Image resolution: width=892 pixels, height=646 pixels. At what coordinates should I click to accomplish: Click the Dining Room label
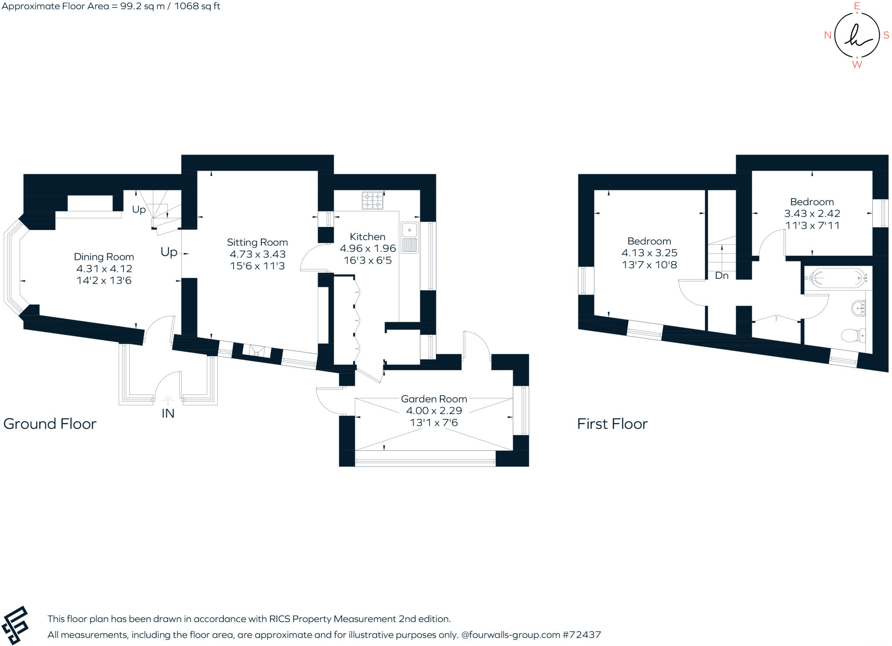104,257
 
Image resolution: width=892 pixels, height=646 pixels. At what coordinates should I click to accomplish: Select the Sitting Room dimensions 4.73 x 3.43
257,254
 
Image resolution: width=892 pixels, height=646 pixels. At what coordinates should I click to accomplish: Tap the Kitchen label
367,237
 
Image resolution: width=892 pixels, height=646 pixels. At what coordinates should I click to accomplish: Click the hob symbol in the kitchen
372,200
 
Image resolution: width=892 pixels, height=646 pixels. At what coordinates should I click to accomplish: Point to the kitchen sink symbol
409,238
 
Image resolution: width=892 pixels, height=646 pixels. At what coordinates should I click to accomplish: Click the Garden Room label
434,399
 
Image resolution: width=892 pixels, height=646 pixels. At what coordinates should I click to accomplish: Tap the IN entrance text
168,413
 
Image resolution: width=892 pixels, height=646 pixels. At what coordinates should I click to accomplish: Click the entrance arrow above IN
168,399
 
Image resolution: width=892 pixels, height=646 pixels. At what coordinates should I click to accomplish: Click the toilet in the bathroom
853,335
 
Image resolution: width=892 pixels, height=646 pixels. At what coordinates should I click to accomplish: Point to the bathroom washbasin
858,308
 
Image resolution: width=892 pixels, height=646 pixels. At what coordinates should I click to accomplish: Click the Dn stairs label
722,275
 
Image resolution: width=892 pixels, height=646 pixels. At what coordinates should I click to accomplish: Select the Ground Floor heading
50,423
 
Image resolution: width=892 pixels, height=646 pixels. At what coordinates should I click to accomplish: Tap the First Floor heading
612,423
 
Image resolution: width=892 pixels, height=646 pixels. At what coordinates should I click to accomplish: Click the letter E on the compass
857,6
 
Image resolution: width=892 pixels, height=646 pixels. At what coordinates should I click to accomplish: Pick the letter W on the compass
857,64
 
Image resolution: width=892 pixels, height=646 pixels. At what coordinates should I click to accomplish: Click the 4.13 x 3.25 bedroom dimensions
649,253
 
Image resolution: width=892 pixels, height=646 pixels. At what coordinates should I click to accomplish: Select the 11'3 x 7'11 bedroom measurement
812,225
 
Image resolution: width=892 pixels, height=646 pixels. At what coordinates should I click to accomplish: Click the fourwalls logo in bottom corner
15,625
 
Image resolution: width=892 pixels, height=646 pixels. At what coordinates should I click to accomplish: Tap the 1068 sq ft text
197,6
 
